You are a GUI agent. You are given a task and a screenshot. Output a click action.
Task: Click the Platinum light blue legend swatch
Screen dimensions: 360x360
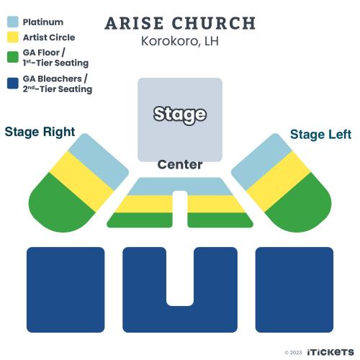pos(13,22)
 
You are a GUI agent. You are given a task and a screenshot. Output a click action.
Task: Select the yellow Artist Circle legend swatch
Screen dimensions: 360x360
pos(13,37)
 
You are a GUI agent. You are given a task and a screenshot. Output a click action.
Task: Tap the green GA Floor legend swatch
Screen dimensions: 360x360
pos(13,57)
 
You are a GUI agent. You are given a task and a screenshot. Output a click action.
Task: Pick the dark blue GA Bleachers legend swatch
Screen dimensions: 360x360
pos(13,83)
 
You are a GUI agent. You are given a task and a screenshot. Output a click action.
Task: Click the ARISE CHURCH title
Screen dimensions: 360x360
pos(180,24)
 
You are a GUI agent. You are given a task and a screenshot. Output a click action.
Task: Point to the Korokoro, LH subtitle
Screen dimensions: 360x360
pos(180,41)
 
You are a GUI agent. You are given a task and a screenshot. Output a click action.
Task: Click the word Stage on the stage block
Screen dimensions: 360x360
pos(180,114)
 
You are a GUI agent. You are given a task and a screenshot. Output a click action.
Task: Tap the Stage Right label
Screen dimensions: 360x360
pos(40,132)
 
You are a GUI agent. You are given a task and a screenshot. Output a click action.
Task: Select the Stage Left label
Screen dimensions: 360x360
pos(320,135)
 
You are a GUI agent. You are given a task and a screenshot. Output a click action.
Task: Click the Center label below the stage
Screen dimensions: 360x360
pos(180,165)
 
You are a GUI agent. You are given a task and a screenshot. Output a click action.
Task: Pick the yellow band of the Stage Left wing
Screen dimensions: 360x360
pos(279,181)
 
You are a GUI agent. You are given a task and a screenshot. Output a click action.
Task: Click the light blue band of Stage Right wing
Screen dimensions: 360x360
pos(99,161)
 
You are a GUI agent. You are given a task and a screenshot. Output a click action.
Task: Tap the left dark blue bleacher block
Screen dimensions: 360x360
pos(66,289)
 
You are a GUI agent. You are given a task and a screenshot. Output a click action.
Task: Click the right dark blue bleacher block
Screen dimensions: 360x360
pos(294,289)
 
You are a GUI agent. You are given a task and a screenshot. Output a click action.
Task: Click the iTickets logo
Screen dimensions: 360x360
pos(330,352)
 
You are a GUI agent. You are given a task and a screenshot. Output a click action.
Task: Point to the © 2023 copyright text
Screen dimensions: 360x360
pos(293,353)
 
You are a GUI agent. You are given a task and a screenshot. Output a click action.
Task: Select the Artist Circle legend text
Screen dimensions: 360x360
pos(49,37)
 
